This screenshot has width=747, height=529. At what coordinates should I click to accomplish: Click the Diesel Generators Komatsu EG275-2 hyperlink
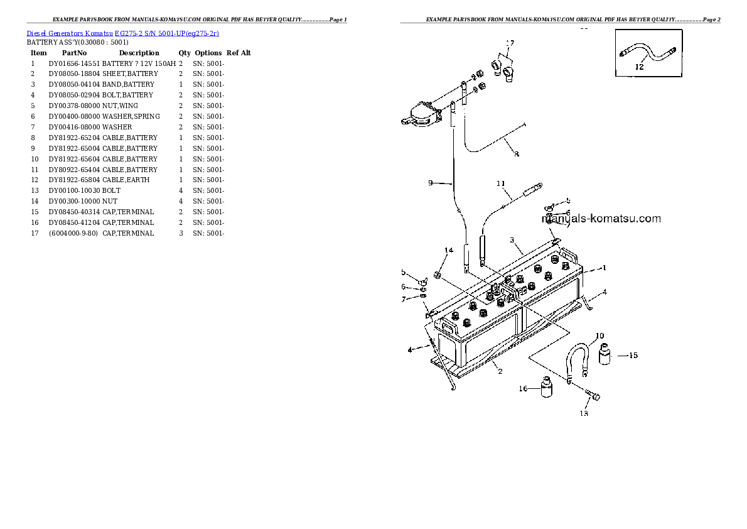(122, 33)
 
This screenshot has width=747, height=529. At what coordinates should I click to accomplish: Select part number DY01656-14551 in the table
(74, 63)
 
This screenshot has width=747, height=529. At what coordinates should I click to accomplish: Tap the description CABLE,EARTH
(126, 180)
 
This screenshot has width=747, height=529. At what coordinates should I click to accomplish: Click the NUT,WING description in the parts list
(120, 106)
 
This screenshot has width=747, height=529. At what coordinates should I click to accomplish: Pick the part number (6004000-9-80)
(73, 233)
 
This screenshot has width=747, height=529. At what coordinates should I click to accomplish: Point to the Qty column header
(185, 53)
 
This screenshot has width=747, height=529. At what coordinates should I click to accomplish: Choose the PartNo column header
(73, 53)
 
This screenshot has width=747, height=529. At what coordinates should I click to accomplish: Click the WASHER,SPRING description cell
(131, 116)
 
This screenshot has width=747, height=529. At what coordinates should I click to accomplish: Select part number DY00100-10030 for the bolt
(74, 190)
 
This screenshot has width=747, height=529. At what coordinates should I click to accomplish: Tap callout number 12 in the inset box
(639, 67)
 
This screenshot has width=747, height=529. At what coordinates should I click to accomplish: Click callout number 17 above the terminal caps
(510, 43)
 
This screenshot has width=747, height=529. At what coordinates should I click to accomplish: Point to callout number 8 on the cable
(516, 153)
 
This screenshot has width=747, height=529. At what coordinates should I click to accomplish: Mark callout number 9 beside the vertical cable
(431, 183)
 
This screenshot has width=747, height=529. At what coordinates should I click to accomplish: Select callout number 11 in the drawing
(500, 184)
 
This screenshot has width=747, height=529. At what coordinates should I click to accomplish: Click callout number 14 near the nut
(448, 251)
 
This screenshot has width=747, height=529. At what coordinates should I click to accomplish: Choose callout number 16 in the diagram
(522, 389)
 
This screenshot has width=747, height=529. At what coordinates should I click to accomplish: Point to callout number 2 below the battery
(500, 371)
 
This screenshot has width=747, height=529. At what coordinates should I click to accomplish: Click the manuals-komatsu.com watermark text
(601, 219)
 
